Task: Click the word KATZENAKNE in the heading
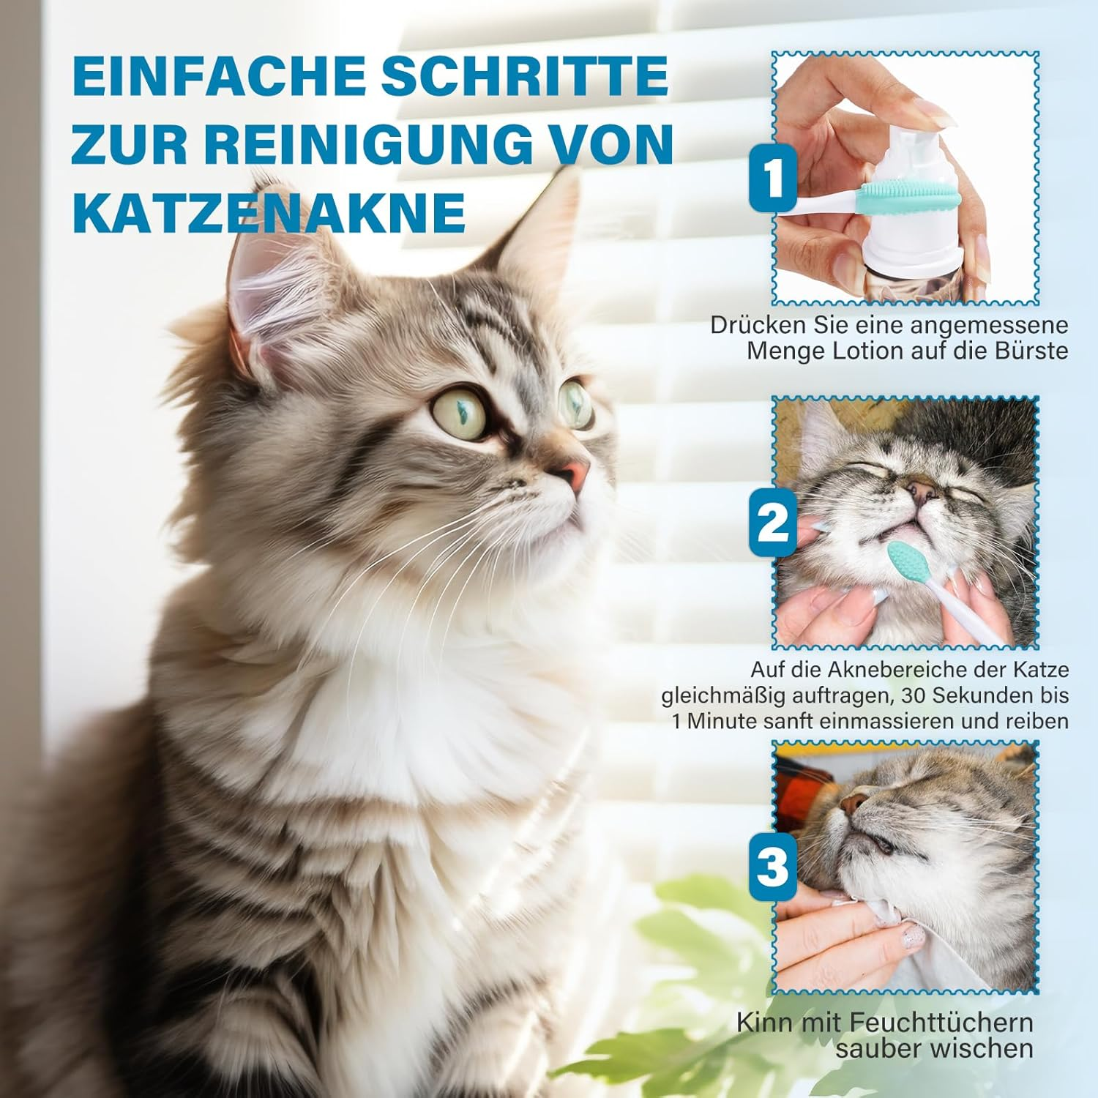[x=269, y=212]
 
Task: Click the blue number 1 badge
[x=772, y=179]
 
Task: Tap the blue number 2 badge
[x=772, y=523]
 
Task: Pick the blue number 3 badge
[x=772, y=867]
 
